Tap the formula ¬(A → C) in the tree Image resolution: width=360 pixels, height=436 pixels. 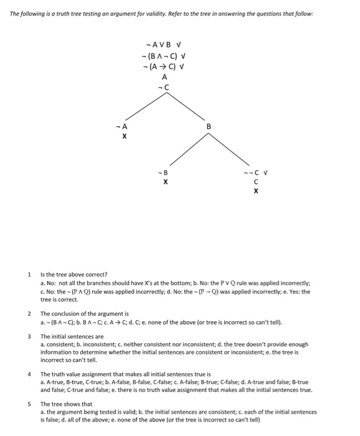click(160, 67)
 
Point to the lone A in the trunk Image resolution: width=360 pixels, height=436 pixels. click(164, 77)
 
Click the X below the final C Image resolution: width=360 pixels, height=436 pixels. click(255, 192)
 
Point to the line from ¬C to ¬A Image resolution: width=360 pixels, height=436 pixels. click(144, 108)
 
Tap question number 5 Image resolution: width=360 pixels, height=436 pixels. click(29, 404)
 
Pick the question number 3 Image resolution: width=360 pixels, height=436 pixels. click(29, 336)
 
